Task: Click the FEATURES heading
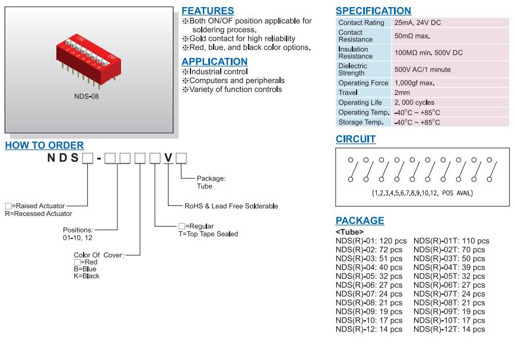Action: [x=208, y=11]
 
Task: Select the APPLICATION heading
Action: [x=214, y=62]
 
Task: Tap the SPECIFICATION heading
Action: [x=373, y=11]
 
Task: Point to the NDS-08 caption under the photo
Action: [x=87, y=95]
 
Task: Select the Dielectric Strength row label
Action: [x=353, y=69]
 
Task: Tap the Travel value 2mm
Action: [x=402, y=93]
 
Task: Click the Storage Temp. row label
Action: [x=363, y=122]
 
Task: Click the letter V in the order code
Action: [x=169, y=158]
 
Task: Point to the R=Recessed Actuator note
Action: [x=39, y=213]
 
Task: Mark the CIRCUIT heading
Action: [x=355, y=139]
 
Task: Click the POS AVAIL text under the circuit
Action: [x=455, y=193]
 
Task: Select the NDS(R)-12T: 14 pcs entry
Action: [x=449, y=329]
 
